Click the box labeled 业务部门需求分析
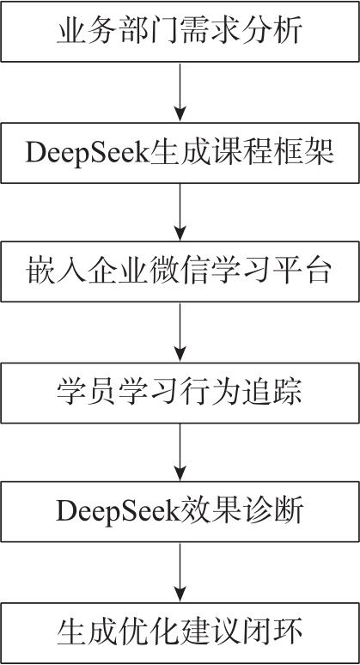[180, 32]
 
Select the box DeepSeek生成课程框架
[180, 153]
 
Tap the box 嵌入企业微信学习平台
[180, 271]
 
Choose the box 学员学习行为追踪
[180, 393]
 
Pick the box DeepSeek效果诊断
[180, 511]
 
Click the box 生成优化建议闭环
[180, 632]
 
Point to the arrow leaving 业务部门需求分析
[180, 92]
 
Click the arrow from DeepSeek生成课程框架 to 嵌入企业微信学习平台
[180, 212]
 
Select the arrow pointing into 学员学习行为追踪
[180, 332]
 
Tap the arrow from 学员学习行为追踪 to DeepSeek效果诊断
[180, 452]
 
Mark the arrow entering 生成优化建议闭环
[180, 572]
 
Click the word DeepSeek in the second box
[85, 154]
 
